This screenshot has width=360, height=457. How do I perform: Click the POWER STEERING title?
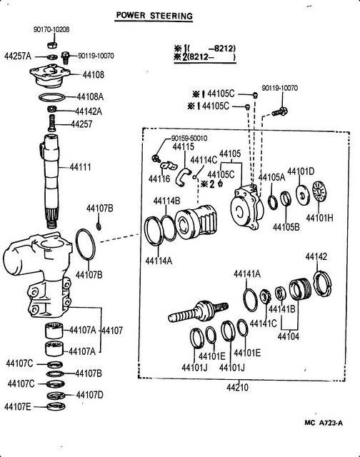[x=154, y=16]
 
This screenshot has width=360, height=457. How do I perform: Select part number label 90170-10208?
[x=51, y=29]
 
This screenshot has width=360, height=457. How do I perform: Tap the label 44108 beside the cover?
[x=94, y=74]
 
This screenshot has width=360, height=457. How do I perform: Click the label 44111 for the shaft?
[x=80, y=167]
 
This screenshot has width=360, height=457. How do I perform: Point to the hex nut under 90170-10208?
[x=51, y=45]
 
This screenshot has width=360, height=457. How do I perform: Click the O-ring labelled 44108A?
[x=51, y=97]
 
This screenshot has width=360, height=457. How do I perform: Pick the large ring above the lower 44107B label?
[x=85, y=244]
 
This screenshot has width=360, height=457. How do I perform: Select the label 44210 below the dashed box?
[x=238, y=387]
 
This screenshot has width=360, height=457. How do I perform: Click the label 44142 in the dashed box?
[x=316, y=257]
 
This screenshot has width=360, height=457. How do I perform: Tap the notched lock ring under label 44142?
[x=322, y=283]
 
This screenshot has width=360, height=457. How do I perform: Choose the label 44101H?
[x=319, y=218]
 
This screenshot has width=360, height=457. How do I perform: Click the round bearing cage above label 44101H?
[x=320, y=193]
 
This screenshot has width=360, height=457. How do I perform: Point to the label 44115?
[x=184, y=146]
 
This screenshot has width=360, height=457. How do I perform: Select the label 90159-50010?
[x=189, y=138]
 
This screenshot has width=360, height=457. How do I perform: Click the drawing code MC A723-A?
[x=324, y=423]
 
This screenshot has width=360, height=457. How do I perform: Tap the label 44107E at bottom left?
[x=17, y=406]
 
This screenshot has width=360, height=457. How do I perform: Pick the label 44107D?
[x=90, y=395]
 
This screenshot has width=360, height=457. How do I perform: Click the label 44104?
[x=289, y=336]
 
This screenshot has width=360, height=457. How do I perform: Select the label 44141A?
[x=247, y=274]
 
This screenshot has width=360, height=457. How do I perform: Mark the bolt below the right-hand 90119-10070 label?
[x=280, y=111]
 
